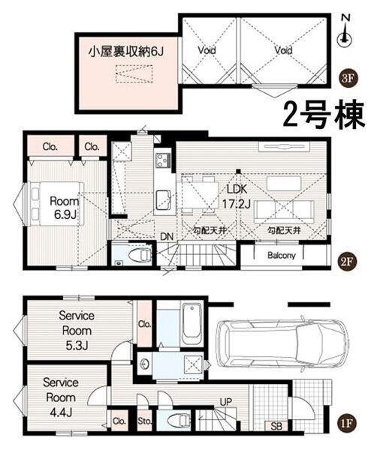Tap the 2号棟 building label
[x=323, y=115]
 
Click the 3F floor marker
[x=346, y=76]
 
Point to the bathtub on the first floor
[x=191, y=320]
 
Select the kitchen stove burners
[x=162, y=160]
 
